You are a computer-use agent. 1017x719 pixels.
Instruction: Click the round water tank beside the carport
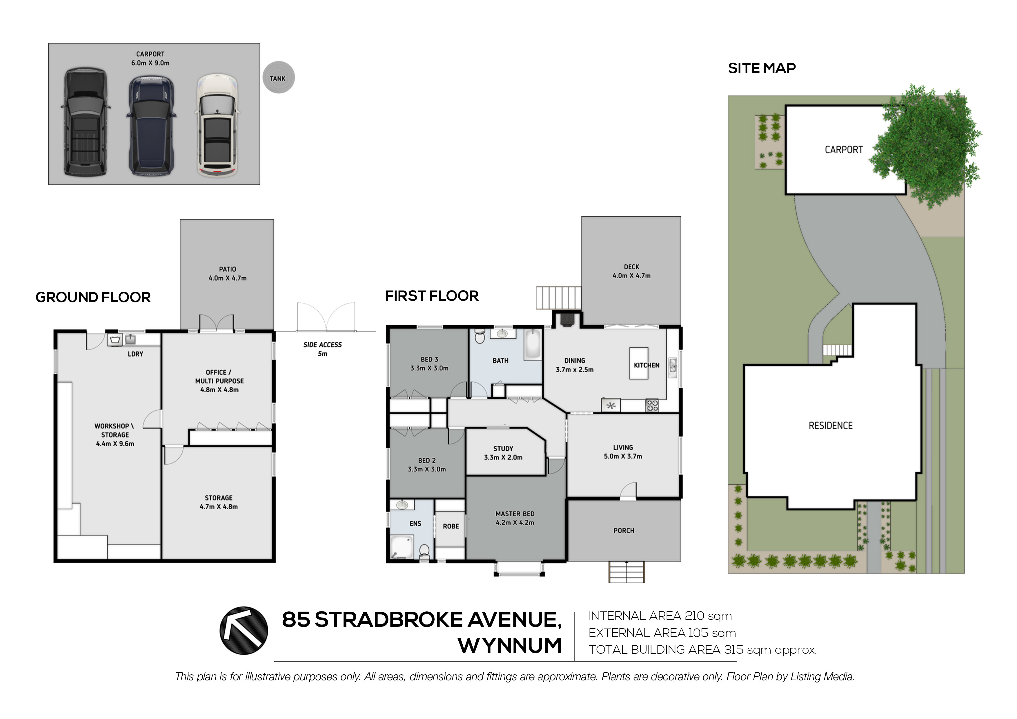pos(278,77)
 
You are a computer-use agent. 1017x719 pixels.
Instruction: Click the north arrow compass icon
pos(244,630)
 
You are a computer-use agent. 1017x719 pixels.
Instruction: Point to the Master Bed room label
pos(515,518)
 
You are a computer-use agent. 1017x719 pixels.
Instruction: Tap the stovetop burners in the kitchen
pos(652,405)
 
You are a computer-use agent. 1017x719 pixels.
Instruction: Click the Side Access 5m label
pos(322,349)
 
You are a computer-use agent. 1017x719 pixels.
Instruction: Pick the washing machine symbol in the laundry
pos(115,340)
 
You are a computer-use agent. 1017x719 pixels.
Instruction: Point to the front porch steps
pos(626,571)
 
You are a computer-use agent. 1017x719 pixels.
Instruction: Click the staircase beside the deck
pos(558,298)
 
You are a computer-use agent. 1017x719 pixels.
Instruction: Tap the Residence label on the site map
pos(831,426)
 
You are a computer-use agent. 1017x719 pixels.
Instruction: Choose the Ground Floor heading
pos(93,297)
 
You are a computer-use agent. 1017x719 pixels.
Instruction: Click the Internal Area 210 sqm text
pos(660,616)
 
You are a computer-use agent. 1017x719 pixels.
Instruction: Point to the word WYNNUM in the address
pos(510,645)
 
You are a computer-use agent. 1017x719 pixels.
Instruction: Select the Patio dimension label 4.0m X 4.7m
pos(228,278)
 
